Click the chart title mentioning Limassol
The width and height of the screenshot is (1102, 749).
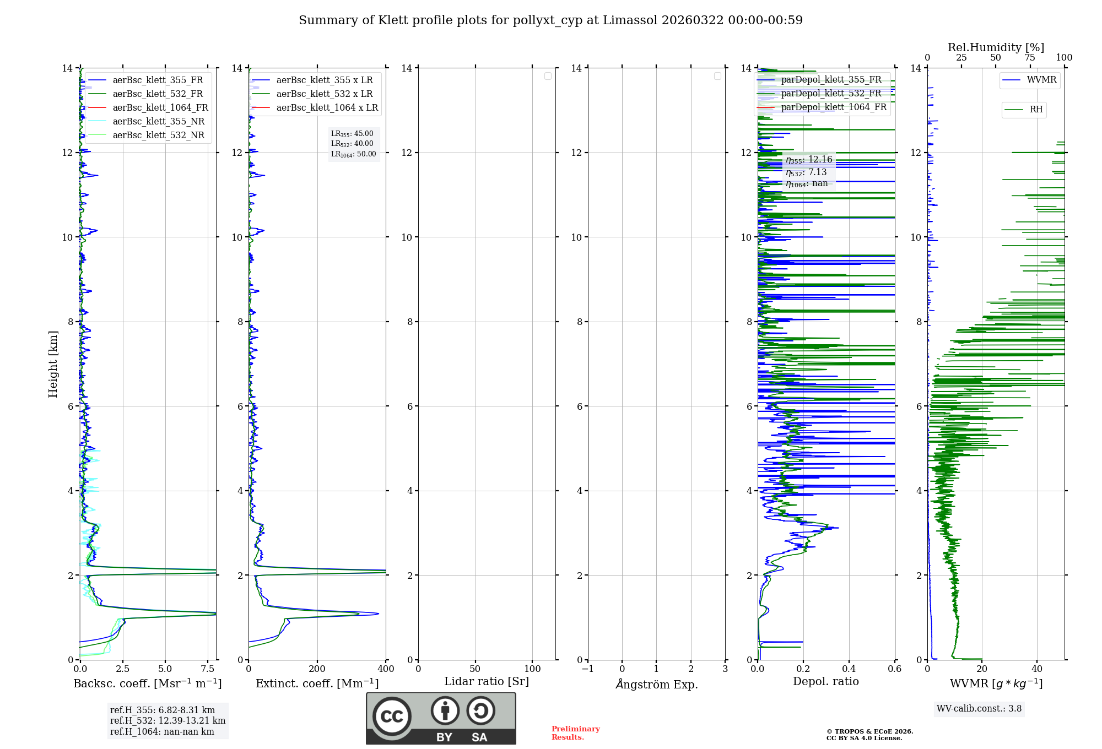point(550,20)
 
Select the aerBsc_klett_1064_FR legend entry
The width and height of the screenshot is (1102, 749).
point(160,107)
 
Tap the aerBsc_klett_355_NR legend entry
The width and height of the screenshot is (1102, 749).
point(158,121)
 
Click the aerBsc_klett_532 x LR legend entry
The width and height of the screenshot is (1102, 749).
point(324,94)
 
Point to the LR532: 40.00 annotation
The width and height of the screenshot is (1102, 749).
point(352,144)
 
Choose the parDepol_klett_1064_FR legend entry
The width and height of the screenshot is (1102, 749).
point(834,107)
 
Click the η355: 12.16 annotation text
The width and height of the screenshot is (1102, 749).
point(809,160)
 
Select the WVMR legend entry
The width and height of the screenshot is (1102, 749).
point(1041,80)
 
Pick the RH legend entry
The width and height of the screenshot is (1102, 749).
point(1036,110)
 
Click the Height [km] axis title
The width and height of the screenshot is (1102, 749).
point(53,363)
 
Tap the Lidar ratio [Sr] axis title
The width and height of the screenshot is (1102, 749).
point(487,682)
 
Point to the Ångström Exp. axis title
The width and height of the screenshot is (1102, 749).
point(656,684)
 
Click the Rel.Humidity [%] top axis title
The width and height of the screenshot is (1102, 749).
point(996,47)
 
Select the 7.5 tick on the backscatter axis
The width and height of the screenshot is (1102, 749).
point(208,669)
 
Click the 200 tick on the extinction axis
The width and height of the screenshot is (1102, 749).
point(317,669)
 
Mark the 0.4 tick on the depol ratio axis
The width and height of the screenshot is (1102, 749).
point(849,669)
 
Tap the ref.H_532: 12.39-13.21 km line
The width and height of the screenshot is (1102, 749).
point(168,720)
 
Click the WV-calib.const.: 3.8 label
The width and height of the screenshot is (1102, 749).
point(979,709)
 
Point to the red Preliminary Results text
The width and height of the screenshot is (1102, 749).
point(575,733)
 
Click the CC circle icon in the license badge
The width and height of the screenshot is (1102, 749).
point(392,717)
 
